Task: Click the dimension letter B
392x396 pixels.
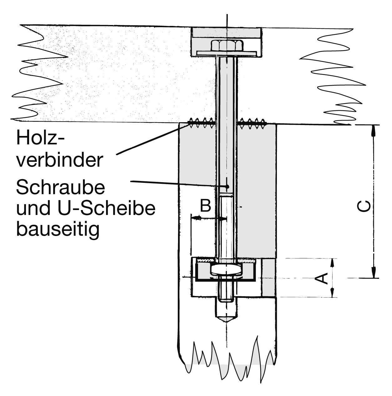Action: tap(205, 206)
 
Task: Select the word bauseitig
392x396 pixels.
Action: tap(58, 230)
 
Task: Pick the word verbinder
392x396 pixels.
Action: tap(59, 160)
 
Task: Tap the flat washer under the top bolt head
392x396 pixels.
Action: tap(226, 53)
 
